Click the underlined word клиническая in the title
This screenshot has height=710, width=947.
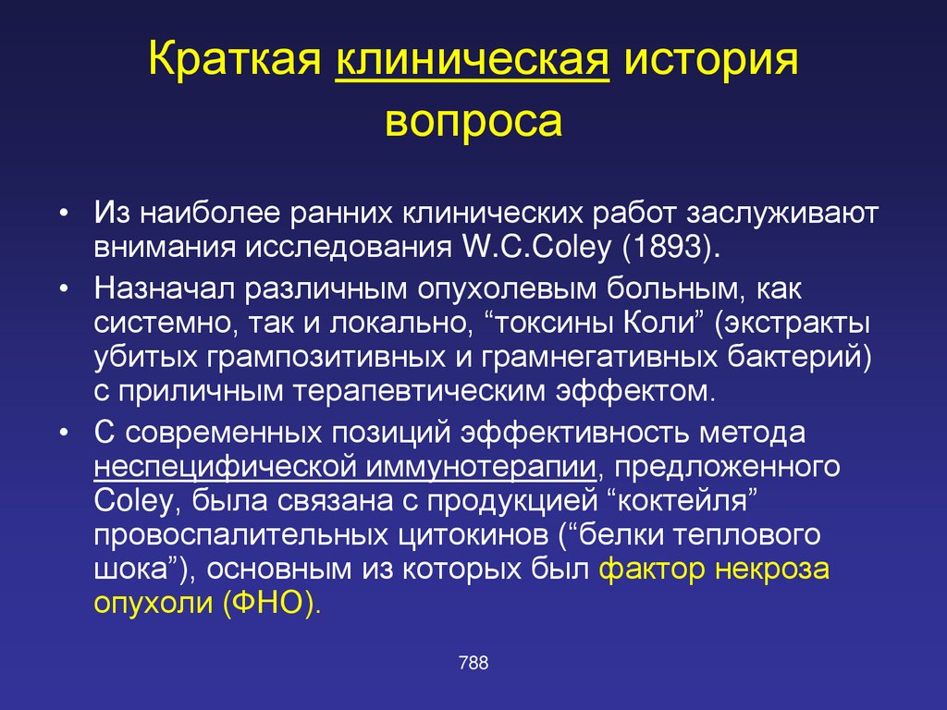pos(473,59)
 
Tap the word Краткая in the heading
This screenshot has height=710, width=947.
pos(234,59)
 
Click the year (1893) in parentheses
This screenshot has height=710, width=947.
pos(671,246)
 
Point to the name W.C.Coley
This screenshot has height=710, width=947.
pos(537,246)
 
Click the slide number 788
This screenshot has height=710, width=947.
pos(473,663)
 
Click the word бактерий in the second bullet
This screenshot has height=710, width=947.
pos(799,357)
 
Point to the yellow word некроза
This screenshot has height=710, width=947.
pos(771,569)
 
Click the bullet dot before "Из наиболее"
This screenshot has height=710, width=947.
pos(65,214)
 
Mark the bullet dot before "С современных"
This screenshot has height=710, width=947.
pos(65,434)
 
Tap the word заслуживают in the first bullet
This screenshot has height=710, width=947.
pos(781,214)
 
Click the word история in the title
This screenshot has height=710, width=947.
pos(711,59)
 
